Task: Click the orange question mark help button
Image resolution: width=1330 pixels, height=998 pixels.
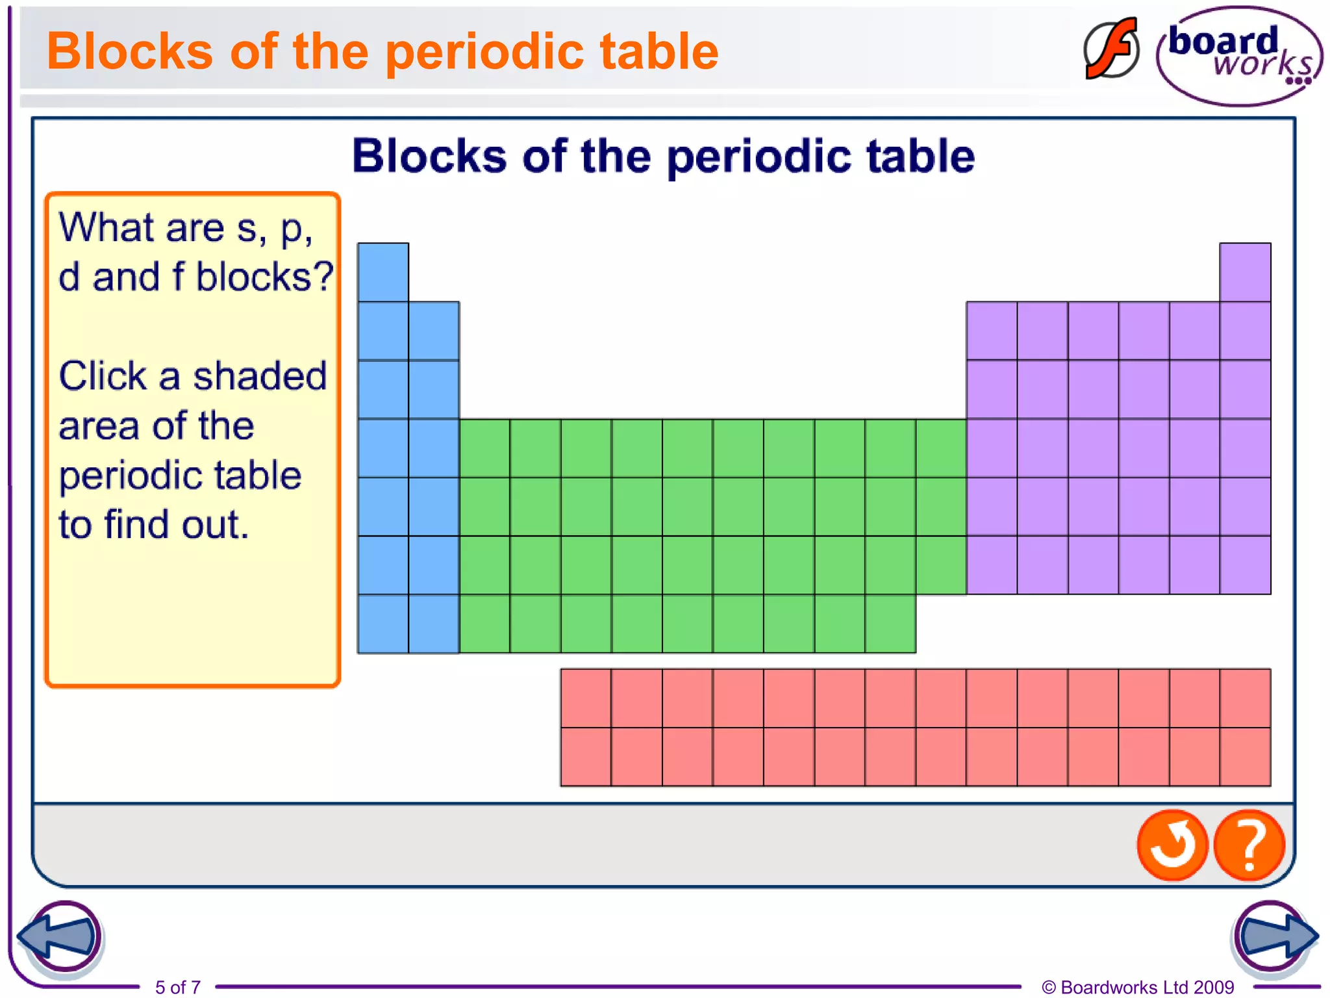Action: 1249,845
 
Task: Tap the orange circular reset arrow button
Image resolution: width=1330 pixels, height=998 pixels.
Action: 1172,845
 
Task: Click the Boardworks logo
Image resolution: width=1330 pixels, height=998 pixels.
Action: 1239,56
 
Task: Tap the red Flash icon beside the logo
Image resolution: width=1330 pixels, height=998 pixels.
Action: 1111,49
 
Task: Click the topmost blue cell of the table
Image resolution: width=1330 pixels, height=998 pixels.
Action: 383,272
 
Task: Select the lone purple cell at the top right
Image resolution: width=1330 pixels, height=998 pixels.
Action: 1245,272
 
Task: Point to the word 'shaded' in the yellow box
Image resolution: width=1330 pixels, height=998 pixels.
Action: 260,376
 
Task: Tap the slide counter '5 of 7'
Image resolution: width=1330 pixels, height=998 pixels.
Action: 177,987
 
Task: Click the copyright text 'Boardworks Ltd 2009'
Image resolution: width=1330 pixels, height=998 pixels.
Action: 1146,987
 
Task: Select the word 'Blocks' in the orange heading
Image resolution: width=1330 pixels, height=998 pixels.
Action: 129,52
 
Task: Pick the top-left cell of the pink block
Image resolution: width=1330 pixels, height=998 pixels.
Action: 586,698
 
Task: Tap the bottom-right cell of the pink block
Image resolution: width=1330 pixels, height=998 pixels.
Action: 1245,757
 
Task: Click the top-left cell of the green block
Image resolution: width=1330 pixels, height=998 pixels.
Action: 484,448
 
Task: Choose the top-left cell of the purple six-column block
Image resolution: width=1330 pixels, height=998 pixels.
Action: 992,331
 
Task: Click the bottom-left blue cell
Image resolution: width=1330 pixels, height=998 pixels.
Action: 383,624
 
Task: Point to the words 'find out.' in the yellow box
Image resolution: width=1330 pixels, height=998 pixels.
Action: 177,525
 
